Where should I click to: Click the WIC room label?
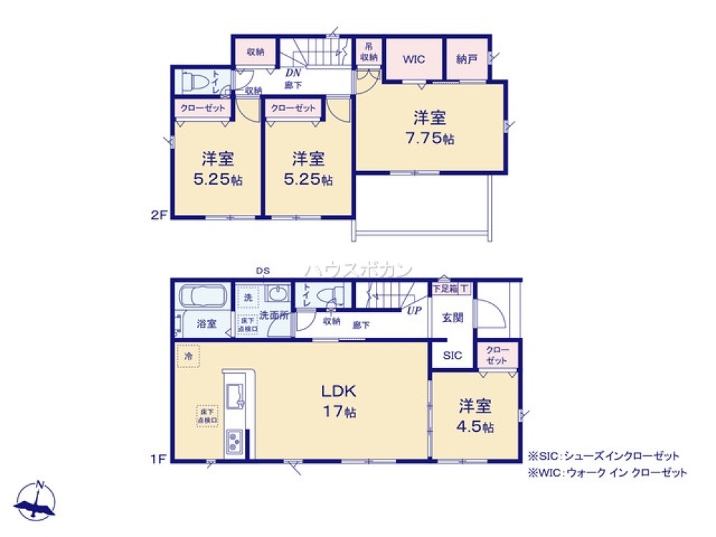414,59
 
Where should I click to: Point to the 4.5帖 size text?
476,427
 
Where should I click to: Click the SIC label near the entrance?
452,356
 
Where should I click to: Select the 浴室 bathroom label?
206,323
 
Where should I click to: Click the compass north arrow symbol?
38,500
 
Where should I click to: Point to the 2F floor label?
159,214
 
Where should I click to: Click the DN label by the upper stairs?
293,72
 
